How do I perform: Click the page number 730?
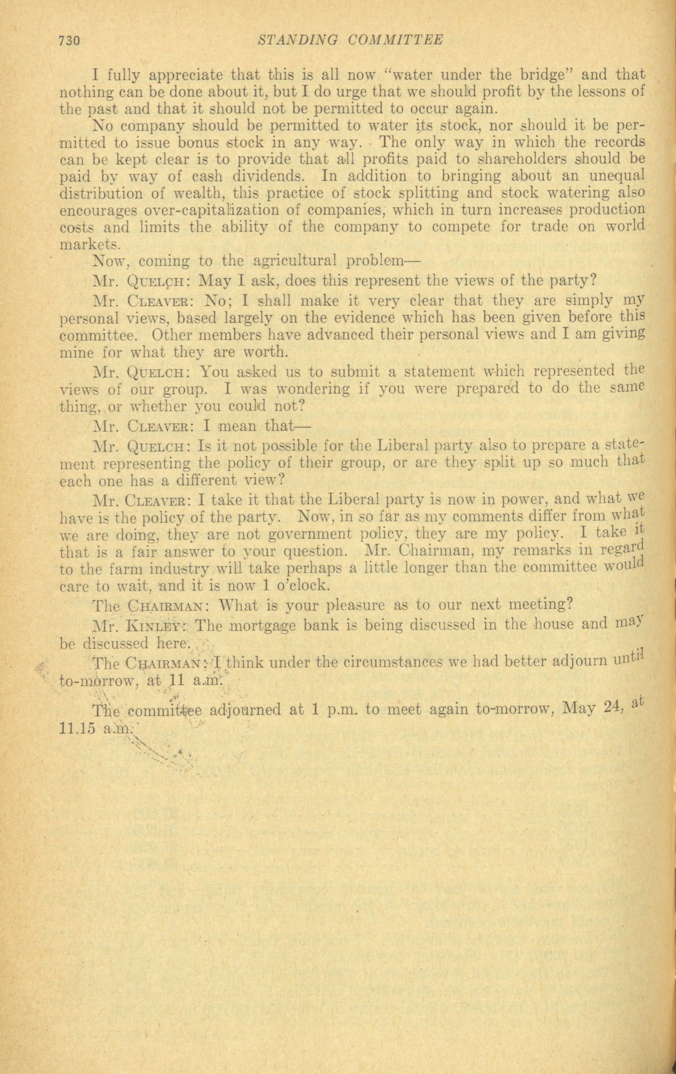(68, 41)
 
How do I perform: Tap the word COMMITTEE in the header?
(395, 40)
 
